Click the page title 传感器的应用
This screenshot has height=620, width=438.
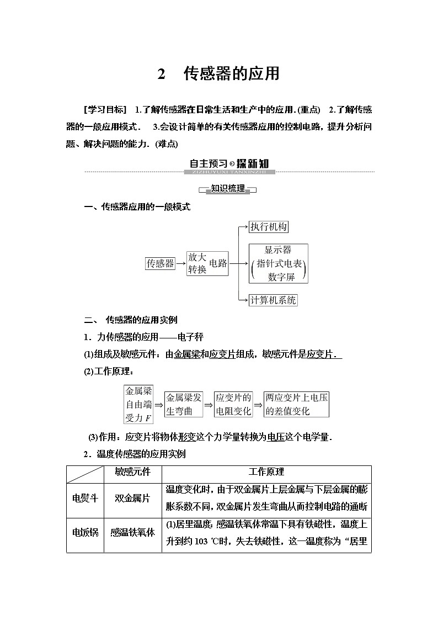click(231, 74)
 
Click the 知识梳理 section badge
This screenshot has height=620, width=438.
click(228, 189)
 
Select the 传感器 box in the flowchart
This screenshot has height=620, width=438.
click(160, 263)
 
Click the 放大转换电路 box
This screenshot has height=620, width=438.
click(207, 263)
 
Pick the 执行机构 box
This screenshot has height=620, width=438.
click(269, 227)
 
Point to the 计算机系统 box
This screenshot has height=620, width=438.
click(273, 300)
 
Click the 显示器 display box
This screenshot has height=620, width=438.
click(278, 263)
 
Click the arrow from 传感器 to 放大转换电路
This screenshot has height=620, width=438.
click(181, 263)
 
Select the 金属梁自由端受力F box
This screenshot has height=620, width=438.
click(138, 404)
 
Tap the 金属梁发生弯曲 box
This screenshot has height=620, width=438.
click(184, 404)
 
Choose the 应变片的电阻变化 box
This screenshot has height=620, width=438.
click(233, 404)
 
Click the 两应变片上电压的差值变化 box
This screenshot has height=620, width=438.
click(296, 404)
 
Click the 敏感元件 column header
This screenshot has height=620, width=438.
click(132, 472)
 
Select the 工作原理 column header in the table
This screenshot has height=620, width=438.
click(266, 472)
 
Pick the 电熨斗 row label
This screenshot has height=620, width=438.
click(85, 498)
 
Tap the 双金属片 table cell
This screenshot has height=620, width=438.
click(132, 498)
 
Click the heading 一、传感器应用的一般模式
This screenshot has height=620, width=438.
click(137, 207)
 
